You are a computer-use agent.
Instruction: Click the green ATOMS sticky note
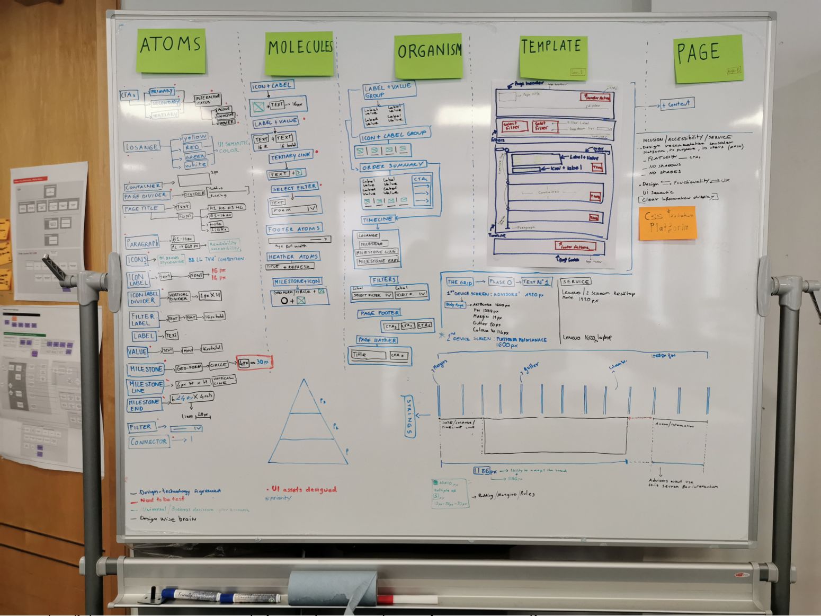pyautogui.click(x=171, y=50)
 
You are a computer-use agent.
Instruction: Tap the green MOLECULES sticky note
pyautogui.click(x=299, y=53)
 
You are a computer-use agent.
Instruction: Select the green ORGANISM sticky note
pyautogui.click(x=428, y=56)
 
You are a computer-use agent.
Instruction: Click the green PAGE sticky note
pyautogui.click(x=708, y=58)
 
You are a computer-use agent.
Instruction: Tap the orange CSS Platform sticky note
pyautogui.click(x=667, y=223)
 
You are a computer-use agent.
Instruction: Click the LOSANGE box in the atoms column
pyautogui.click(x=142, y=147)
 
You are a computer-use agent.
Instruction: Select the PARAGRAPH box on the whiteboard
pyautogui.click(x=142, y=243)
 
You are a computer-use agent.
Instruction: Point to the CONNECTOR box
pyautogui.click(x=149, y=442)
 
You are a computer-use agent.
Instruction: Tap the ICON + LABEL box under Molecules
pyautogui.click(x=272, y=86)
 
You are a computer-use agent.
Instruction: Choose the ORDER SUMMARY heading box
pyautogui.click(x=392, y=166)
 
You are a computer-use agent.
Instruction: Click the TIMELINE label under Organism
pyautogui.click(x=378, y=219)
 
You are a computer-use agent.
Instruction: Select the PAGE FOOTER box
pyautogui.click(x=379, y=313)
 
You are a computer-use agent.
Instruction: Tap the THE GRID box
pyautogui.click(x=459, y=282)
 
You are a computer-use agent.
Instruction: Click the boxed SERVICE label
pyautogui.click(x=576, y=281)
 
